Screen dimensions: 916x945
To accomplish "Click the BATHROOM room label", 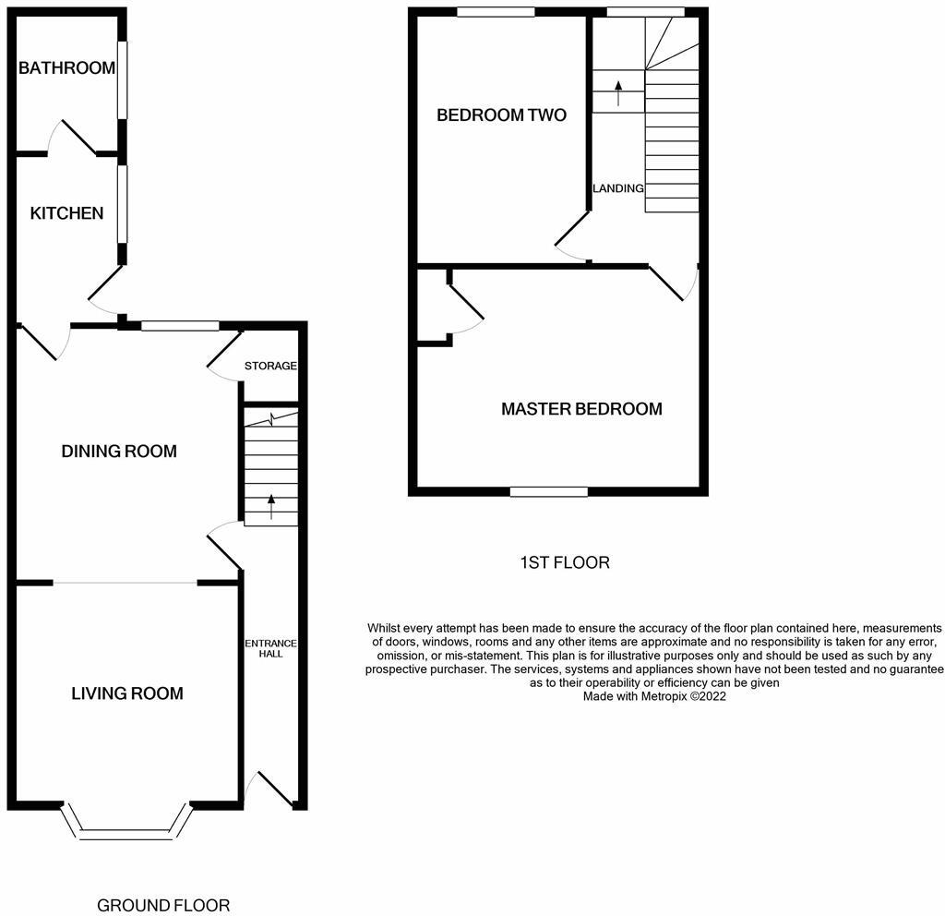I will pos(66,67).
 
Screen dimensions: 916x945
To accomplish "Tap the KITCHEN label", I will pos(66,213).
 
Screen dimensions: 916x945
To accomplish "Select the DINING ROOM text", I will pos(119,452).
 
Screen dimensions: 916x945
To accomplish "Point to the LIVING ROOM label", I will pos(127,693).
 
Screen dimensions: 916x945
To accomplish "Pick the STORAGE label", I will pos(270,366).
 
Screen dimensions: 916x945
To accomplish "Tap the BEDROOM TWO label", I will pos(501,115).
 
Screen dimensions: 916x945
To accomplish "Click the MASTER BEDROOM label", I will pos(581,408).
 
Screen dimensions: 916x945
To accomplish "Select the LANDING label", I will pos(617,188).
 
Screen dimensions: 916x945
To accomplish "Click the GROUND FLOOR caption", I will pos(163,905).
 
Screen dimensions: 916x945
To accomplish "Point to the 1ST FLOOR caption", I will pos(563,562).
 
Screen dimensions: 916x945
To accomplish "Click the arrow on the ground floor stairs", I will pos(271,505).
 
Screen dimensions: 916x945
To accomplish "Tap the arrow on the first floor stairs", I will pos(618,92).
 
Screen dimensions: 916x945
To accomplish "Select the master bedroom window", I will pos(549,491).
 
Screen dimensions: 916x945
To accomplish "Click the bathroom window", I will pos(122,79).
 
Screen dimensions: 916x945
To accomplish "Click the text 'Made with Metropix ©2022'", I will pos(654,697).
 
